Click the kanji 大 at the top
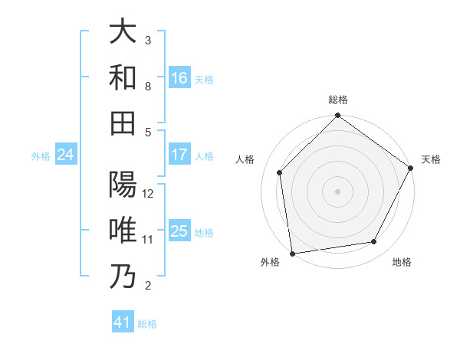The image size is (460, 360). (123, 31)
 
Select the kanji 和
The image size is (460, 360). (123, 77)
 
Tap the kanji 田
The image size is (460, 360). (123, 123)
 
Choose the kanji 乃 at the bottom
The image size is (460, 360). (123, 277)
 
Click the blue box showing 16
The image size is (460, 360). (179, 77)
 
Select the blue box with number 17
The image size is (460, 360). (179, 155)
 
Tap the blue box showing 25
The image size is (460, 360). (179, 231)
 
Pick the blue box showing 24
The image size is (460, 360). (65, 155)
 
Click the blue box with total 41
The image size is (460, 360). (123, 322)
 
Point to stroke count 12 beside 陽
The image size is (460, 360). (148, 193)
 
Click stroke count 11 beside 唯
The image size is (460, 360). (148, 240)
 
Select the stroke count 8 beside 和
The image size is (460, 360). (148, 86)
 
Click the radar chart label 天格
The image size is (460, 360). (431, 159)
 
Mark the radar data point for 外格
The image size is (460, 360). (292, 253)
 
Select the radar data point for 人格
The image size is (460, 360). (280, 172)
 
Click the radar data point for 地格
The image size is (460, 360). (374, 241)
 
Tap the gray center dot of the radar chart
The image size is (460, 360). (337, 191)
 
